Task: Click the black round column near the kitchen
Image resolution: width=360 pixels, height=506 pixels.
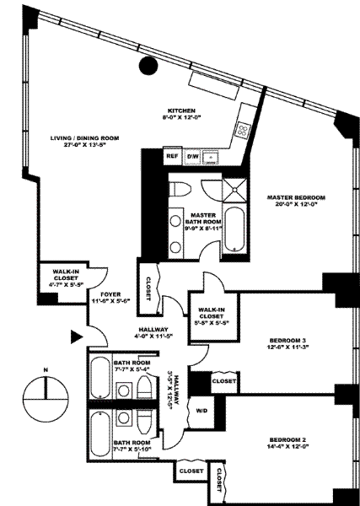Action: (x=148, y=66)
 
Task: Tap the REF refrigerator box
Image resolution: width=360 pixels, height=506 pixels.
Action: (x=173, y=156)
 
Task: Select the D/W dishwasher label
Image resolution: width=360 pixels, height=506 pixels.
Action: (x=193, y=157)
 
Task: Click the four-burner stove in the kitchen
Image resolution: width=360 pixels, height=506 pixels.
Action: (x=244, y=131)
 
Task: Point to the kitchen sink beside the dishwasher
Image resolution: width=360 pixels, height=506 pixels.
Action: (x=211, y=157)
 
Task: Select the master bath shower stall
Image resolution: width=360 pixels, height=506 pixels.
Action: (x=234, y=190)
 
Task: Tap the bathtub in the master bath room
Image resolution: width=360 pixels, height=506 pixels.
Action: (x=234, y=229)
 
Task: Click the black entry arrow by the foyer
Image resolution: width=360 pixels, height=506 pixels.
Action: (x=77, y=336)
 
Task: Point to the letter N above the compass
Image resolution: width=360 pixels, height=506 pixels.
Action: (x=46, y=370)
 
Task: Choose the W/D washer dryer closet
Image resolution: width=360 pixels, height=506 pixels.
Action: (x=201, y=411)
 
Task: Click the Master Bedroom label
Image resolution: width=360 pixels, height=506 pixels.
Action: (x=296, y=197)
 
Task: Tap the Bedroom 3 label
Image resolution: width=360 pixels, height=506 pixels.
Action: (x=287, y=340)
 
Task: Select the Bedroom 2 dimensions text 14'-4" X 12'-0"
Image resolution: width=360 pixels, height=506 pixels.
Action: (x=287, y=447)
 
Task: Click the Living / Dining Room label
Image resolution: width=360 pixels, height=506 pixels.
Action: (x=84, y=138)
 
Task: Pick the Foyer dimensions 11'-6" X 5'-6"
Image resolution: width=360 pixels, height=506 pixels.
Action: (x=110, y=301)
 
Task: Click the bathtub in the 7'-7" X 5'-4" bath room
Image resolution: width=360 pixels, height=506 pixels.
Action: (x=100, y=377)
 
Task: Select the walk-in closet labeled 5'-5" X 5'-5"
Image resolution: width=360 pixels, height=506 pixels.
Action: (x=214, y=316)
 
